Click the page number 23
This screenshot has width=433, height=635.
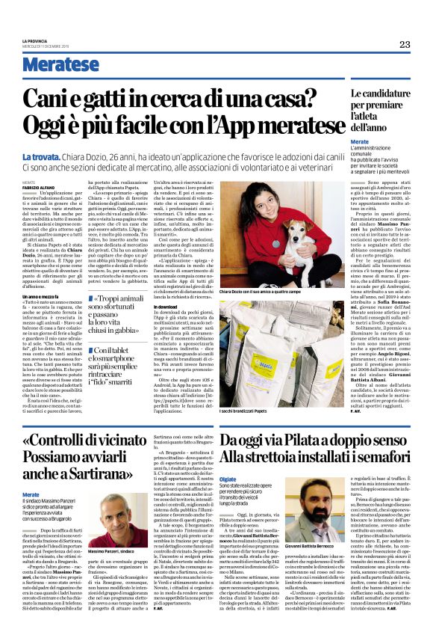[x=404, y=44]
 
